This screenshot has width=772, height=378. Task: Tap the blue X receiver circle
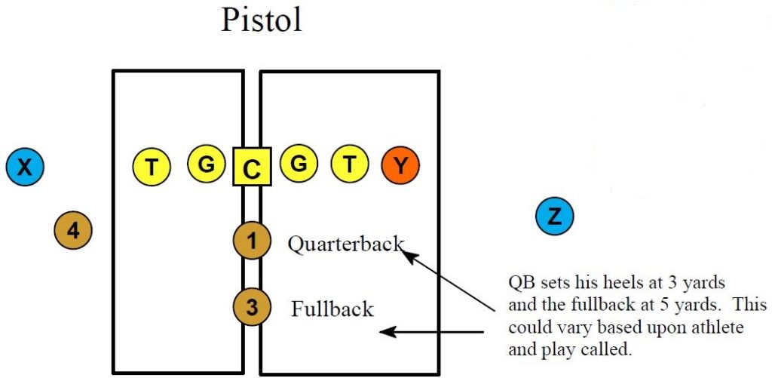tap(25, 167)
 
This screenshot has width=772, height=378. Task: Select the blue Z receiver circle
tap(554, 217)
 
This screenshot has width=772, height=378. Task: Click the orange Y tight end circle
tap(400, 165)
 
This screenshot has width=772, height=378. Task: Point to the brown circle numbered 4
tap(73, 230)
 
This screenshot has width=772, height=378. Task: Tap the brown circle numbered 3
tap(252, 307)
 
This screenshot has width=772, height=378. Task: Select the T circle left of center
tap(152, 166)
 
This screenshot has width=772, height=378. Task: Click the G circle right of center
tap(299, 164)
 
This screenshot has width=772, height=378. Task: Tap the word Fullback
tap(332, 309)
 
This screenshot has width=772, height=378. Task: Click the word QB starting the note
tap(521, 284)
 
